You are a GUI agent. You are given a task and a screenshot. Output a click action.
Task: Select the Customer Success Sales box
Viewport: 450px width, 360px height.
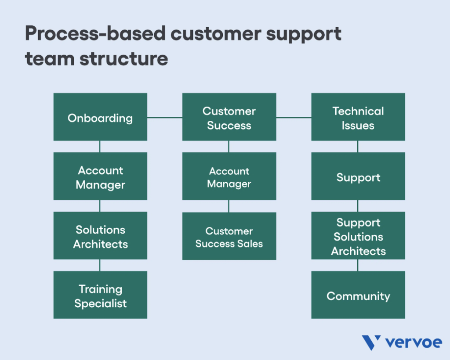[229, 236]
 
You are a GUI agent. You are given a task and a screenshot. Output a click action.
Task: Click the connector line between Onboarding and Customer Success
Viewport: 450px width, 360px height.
[165, 117]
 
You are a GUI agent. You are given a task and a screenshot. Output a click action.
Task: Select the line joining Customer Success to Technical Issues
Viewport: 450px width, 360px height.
[294, 117]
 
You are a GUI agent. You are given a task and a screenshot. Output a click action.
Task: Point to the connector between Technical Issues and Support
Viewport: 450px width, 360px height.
[358, 147]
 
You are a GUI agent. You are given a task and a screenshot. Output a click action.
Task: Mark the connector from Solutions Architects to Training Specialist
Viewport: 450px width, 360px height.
[100, 265]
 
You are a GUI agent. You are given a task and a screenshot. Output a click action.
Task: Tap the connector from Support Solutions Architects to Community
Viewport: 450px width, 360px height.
[358, 265]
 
